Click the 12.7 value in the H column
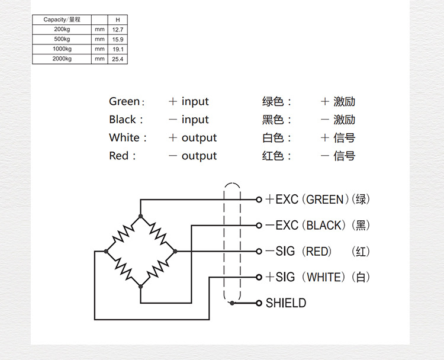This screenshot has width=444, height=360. click(x=117, y=29)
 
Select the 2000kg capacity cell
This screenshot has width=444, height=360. click(x=62, y=59)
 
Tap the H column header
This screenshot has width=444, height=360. click(x=117, y=20)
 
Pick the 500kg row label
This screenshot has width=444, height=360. click(x=62, y=39)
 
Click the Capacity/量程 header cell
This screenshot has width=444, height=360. click(x=62, y=20)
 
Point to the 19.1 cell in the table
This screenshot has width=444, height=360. click(x=117, y=49)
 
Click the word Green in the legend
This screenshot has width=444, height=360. click(x=124, y=102)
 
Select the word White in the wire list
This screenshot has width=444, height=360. click(x=124, y=138)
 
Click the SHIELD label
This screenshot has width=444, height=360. click(x=286, y=303)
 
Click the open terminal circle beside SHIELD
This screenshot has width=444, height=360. click(x=259, y=303)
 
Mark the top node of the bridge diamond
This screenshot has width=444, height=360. click(x=141, y=216)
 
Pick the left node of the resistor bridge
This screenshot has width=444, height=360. click(x=106, y=252)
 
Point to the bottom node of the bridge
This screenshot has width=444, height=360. click(x=141, y=287)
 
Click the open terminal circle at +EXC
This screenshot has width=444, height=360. click(x=259, y=200)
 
